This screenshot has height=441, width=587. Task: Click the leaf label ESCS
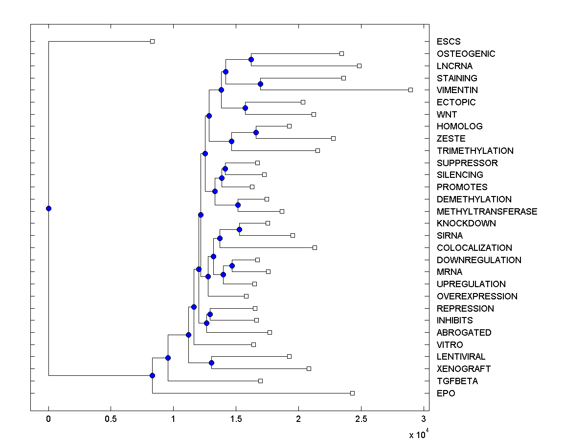coord(449,42)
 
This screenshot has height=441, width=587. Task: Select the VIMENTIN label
coord(457,90)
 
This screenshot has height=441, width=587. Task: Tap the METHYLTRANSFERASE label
coord(487,212)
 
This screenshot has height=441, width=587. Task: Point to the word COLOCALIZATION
coord(474,248)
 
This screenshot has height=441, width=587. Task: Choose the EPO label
coord(446,393)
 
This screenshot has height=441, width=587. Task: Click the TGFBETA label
coord(457,381)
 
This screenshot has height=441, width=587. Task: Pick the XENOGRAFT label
coord(463,369)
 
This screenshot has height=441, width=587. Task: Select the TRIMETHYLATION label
coord(475,151)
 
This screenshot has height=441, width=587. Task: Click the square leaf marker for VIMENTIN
coord(411,90)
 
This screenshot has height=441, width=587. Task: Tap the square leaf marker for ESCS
coord(152,41)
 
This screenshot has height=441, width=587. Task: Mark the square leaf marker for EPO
coord(352,393)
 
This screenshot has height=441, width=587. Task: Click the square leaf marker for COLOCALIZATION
coord(315,247)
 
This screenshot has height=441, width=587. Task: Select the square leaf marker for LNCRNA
coord(359,66)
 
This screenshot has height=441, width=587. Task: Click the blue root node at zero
coord(48,208)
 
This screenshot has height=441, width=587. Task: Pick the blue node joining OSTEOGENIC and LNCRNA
coord(251,59)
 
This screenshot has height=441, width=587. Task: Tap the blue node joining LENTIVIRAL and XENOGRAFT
coord(211,363)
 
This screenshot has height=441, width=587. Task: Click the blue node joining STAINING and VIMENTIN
coord(260,84)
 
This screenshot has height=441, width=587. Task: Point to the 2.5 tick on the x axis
coord(361,411)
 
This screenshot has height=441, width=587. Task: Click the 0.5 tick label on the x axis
coord(111,419)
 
